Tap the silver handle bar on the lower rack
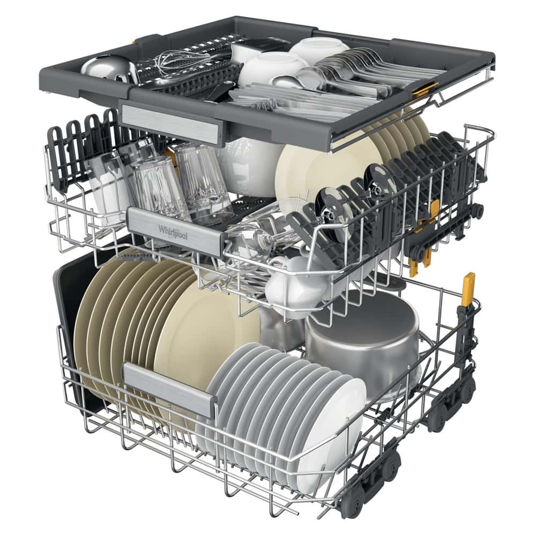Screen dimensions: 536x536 [169, 389]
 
